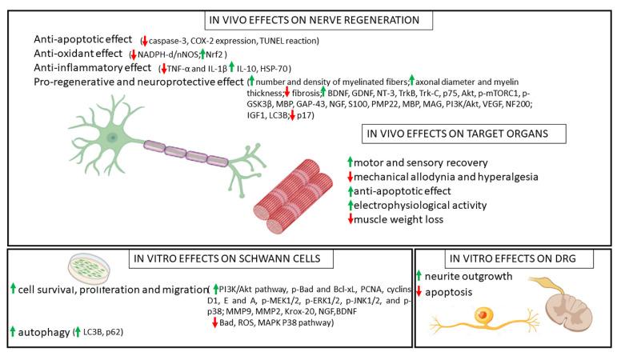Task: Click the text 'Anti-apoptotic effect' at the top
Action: (82, 40)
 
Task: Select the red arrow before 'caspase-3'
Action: (144, 41)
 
